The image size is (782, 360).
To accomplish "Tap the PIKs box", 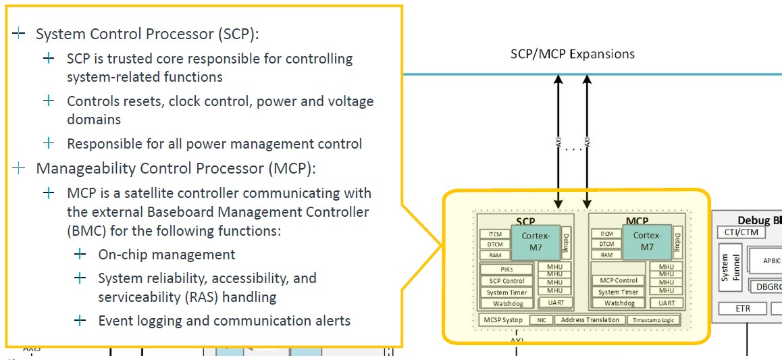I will (x=506, y=269).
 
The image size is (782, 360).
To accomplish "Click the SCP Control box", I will (x=506, y=280).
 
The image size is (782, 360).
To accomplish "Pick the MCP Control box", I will (x=619, y=280).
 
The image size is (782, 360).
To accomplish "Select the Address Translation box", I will (x=590, y=320).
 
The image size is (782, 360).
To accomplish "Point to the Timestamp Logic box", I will (x=653, y=320).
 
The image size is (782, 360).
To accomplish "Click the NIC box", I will (x=541, y=320).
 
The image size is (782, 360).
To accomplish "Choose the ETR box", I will (x=742, y=309).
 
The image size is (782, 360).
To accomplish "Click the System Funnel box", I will (x=730, y=268).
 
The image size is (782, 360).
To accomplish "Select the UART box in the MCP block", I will (x=667, y=303).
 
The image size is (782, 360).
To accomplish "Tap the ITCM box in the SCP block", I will (x=495, y=234).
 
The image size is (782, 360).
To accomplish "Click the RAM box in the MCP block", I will (x=607, y=255).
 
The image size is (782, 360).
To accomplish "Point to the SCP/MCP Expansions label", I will (x=572, y=54).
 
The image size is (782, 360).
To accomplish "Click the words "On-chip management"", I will (x=167, y=255).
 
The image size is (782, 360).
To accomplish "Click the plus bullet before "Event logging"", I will (x=80, y=320).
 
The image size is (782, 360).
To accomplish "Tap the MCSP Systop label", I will (x=502, y=320).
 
